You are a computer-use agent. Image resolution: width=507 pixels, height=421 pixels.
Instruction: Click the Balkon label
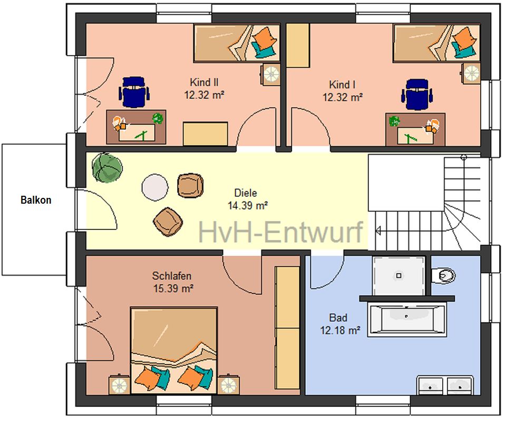[36, 200]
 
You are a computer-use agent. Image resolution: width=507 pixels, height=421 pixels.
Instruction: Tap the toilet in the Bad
[444, 275]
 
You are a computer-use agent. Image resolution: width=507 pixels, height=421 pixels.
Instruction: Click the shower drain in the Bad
[398, 276]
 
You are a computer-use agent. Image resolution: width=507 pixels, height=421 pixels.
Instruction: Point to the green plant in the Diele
[107, 167]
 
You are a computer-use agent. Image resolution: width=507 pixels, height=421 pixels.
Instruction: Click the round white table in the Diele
[155, 187]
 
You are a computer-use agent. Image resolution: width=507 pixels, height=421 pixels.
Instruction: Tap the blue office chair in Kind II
[134, 92]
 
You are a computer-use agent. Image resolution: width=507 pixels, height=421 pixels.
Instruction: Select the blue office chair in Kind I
[417, 94]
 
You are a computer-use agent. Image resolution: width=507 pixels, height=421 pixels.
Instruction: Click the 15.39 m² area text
[173, 288]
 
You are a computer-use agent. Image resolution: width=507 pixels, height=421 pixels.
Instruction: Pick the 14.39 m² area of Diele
[248, 205]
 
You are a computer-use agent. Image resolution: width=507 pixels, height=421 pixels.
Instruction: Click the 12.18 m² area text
[340, 330]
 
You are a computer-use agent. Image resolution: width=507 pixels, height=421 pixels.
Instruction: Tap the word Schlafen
[172, 276]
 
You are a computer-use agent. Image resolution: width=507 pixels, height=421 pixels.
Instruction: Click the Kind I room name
[342, 85]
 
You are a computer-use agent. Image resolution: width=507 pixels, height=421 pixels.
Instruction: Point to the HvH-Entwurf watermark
[280, 231]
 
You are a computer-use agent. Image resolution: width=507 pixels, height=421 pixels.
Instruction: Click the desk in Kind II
[136, 127]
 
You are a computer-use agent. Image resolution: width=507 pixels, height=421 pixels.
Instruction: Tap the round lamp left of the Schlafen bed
[119, 385]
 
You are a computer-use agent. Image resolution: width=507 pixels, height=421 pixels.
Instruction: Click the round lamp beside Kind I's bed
[471, 74]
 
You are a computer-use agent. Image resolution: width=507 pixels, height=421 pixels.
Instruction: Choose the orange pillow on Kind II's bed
[265, 37]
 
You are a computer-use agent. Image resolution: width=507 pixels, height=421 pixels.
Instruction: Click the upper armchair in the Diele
[190, 185]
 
